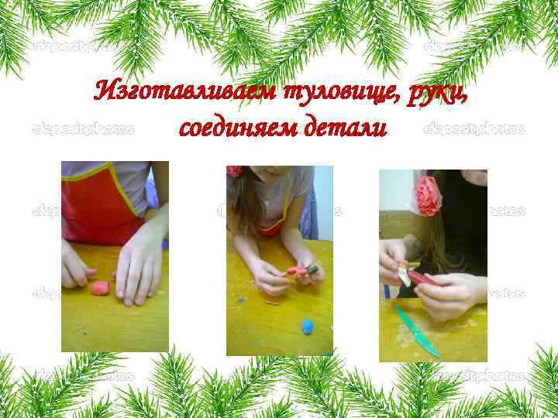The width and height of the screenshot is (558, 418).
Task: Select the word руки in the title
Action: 436,93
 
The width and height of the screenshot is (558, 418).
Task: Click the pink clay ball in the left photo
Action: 99,288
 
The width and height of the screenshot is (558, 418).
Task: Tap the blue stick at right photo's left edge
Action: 385,291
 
